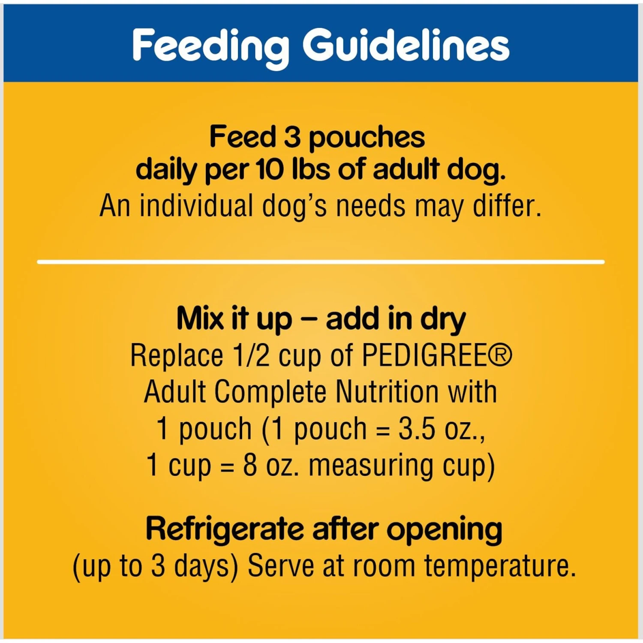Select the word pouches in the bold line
(367, 138)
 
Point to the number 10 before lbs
(270, 170)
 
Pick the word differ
(507, 206)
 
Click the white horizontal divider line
(321, 261)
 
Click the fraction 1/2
(251, 355)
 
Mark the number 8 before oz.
(250, 465)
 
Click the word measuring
(371, 466)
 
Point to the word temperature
(499, 567)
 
